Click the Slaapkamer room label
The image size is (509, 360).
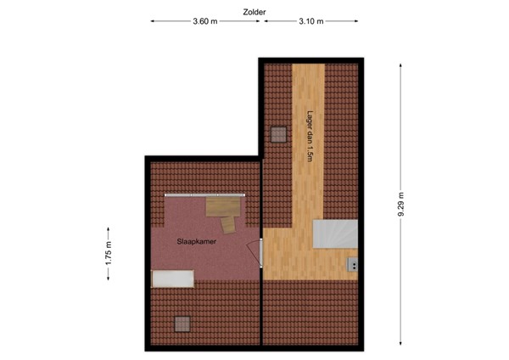coord(195,242)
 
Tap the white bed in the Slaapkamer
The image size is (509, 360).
coord(172,278)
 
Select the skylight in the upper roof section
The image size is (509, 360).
coord(278,133)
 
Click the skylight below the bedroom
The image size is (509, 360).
coord(182,322)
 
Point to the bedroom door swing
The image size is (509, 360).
coord(255,252)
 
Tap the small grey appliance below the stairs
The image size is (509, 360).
coord(351,265)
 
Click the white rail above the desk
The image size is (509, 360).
coord(205,194)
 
